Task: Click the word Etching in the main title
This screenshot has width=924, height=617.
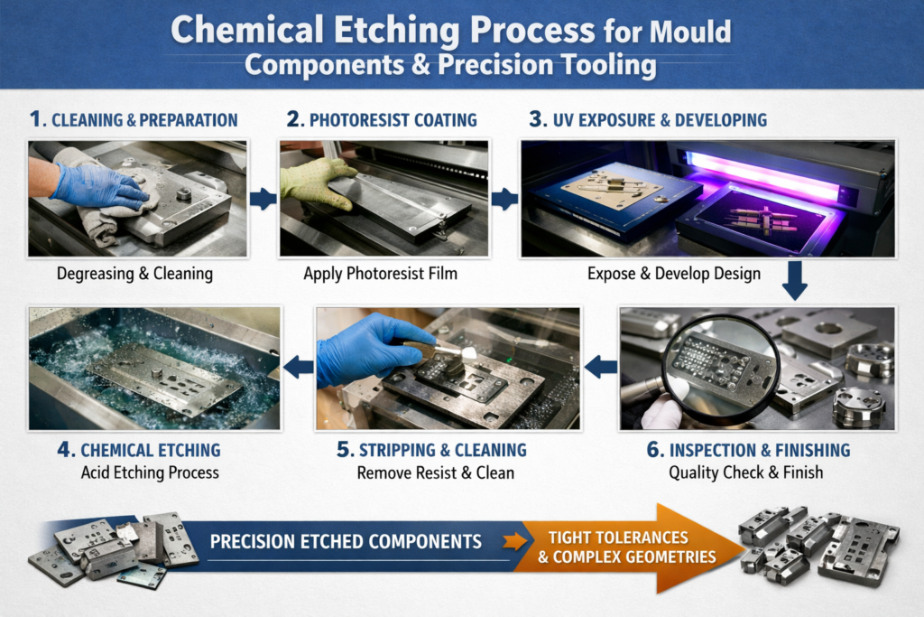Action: click(x=397, y=31)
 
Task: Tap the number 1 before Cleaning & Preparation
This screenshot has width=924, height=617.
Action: click(x=35, y=119)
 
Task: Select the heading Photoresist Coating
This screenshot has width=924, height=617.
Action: click(x=393, y=120)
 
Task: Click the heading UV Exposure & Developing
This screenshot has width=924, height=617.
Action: click(x=660, y=120)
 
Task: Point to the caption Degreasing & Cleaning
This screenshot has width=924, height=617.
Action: click(x=135, y=274)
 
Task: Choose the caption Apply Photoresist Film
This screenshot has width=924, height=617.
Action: click(x=380, y=274)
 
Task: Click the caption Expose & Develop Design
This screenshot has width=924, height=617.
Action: click(x=673, y=274)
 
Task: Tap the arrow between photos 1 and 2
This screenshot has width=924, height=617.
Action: click(x=263, y=199)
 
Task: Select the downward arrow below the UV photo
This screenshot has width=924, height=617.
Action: click(x=794, y=281)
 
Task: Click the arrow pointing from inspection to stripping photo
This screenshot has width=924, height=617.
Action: click(x=600, y=367)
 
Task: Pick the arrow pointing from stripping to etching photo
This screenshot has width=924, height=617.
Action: click(x=298, y=367)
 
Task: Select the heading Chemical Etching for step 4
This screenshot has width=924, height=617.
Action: click(x=151, y=450)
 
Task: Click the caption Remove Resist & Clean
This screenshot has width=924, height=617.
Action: click(x=436, y=473)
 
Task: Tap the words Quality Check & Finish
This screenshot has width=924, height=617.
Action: click(x=745, y=472)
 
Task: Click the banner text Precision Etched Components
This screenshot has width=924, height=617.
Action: click(x=346, y=541)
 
